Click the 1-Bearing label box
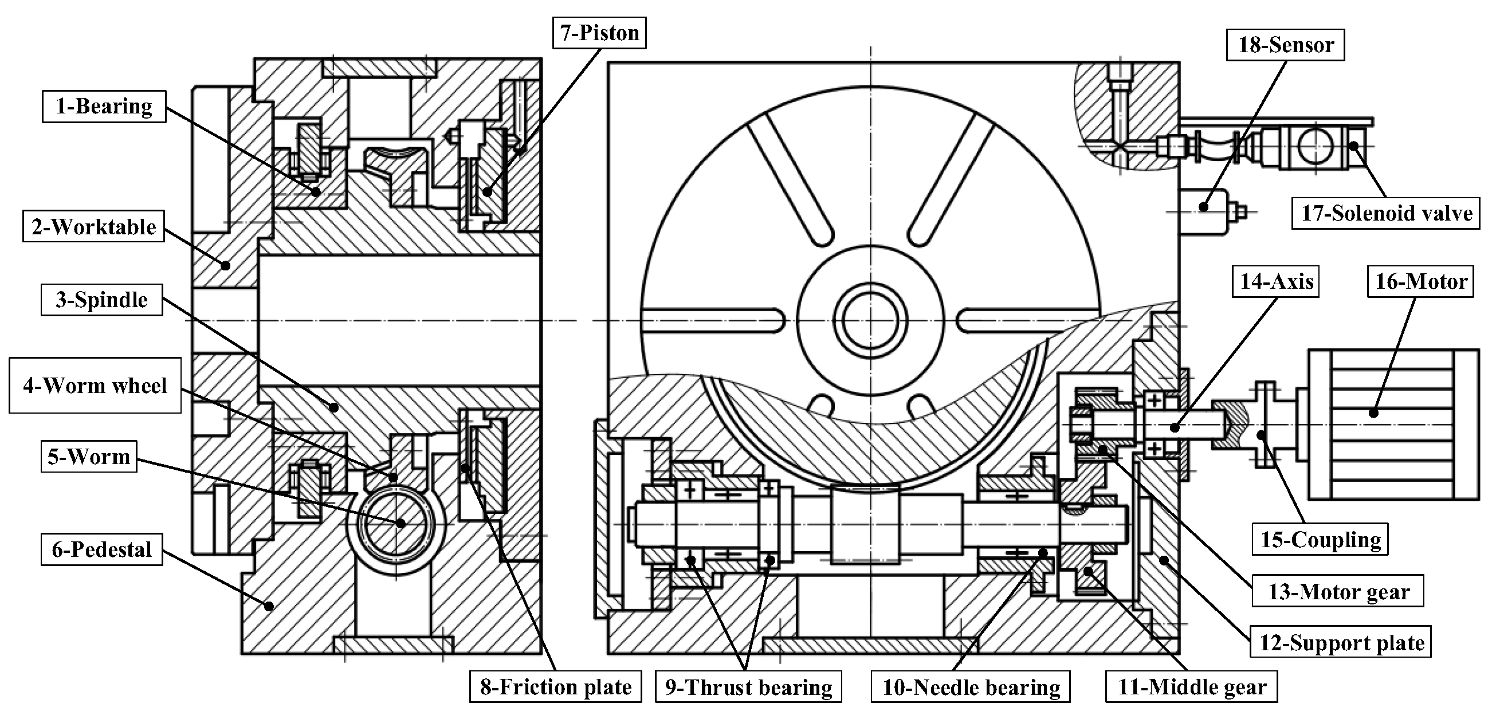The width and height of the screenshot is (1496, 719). (104, 107)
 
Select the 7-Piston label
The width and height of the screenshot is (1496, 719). (599, 33)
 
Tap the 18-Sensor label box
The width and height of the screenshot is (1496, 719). (1285, 45)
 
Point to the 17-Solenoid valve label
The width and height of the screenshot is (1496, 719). (1385, 213)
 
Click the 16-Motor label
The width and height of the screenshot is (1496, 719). (1420, 282)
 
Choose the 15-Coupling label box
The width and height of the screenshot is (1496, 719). (1320, 540)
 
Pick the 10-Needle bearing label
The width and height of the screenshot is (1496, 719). (971, 687)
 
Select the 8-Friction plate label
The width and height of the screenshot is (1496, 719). (555, 687)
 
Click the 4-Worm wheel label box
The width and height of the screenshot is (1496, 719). (95, 386)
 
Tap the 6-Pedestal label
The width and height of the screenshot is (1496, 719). (101, 549)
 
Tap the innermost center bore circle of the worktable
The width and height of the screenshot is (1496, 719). (870, 320)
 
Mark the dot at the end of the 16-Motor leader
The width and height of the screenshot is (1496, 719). (1373, 413)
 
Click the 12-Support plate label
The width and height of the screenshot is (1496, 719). (1341, 642)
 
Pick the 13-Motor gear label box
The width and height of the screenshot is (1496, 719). (1337, 591)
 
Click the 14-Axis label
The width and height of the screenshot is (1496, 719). (1277, 282)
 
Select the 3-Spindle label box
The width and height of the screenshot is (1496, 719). (101, 300)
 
